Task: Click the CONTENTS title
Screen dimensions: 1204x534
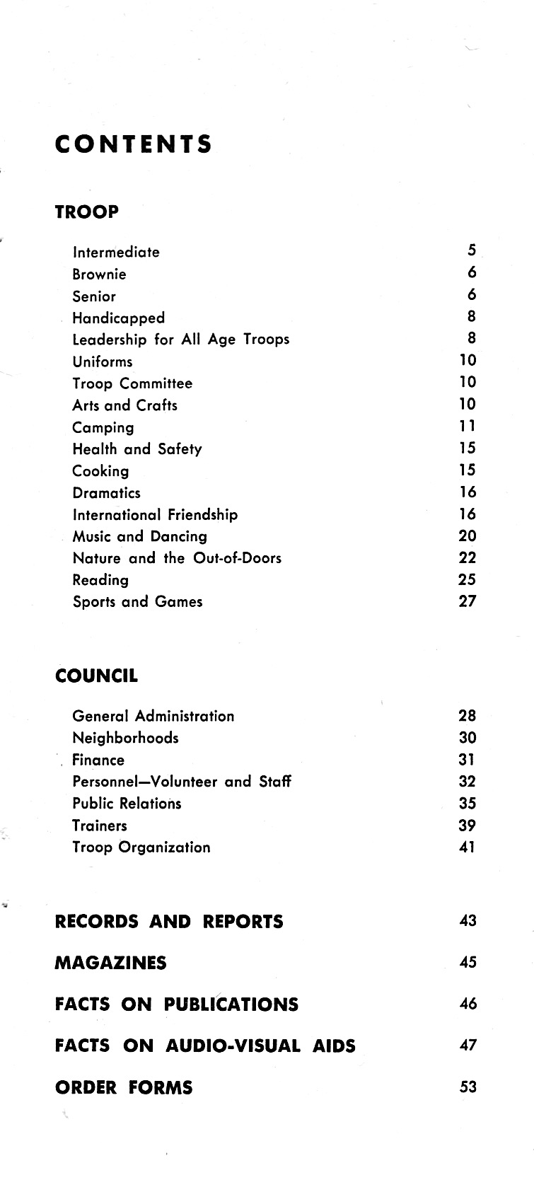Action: (134, 144)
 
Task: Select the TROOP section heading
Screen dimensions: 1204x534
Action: (87, 212)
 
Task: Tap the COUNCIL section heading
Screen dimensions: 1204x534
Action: (96, 676)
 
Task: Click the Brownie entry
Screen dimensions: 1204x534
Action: (99, 274)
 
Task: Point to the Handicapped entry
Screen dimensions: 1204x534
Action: (118, 318)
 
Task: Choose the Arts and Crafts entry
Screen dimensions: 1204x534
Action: (124, 405)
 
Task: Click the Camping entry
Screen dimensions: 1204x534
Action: (103, 428)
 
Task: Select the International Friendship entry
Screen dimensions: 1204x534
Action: (155, 515)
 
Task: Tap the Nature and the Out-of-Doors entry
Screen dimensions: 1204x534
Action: (177, 558)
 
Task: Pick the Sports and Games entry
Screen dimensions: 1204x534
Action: (137, 602)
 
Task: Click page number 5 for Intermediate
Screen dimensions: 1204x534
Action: (472, 250)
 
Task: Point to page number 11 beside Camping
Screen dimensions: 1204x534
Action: (468, 426)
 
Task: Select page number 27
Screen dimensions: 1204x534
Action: (468, 601)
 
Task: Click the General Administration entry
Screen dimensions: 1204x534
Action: (153, 716)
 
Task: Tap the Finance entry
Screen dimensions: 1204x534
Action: (98, 760)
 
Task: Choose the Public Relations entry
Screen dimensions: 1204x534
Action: (127, 804)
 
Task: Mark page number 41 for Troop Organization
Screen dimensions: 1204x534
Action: (468, 847)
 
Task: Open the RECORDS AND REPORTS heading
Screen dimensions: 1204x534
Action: (169, 922)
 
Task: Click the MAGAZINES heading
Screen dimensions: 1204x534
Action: (110, 963)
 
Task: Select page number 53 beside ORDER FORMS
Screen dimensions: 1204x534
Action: (468, 1087)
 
